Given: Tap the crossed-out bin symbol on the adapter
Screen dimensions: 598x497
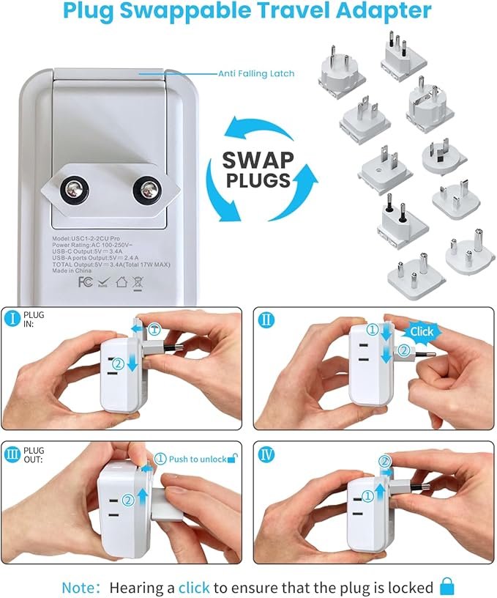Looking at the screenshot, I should point(137,281).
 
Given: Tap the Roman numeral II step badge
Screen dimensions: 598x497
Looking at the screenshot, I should point(267,320).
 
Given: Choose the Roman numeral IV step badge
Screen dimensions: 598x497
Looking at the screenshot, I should point(267,454).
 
